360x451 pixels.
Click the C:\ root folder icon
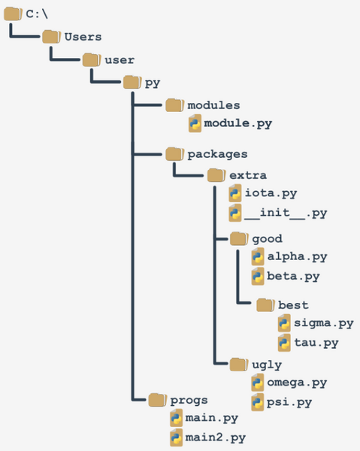[x=13, y=14]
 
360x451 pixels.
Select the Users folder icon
[x=51, y=37]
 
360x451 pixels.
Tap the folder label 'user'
[x=119, y=60]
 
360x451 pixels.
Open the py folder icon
[x=132, y=82]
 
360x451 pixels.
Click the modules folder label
[x=213, y=105]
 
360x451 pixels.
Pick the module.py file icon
[x=195, y=123]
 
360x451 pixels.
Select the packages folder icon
[x=175, y=154]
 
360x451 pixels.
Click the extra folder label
[x=248, y=175]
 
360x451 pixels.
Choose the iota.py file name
[x=271, y=193]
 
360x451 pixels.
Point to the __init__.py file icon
[x=235, y=213]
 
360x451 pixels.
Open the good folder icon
[x=239, y=238]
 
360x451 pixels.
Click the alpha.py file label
[x=298, y=256]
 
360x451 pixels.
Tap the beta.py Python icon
[x=258, y=276]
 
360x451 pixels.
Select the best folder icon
[x=265, y=305]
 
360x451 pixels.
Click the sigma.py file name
[x=324, y=323]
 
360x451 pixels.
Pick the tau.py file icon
[x=284, y=342]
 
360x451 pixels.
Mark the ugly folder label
[x=267, y=365]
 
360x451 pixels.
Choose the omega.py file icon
[x=258, y=383]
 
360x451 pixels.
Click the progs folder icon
[x=158, y=400]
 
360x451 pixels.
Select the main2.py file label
[x=216, y=437]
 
